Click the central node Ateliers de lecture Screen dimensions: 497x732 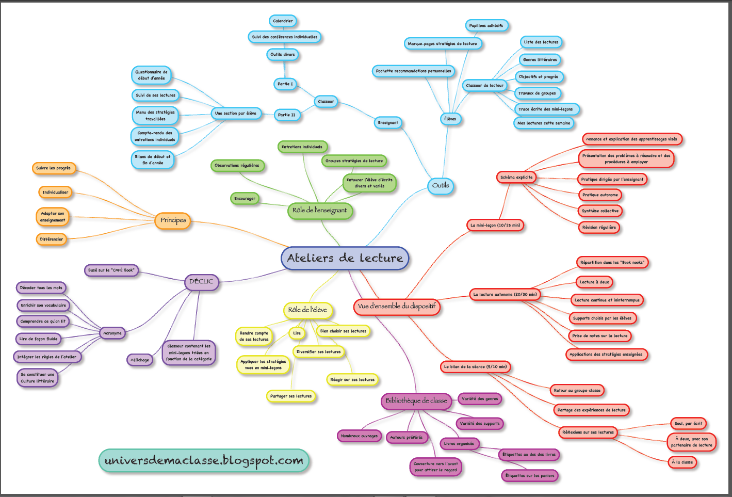click(x=345, y=258)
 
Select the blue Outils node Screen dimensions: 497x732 click(x=441, y=186)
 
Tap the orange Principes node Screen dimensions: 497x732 click(x=173, y=220)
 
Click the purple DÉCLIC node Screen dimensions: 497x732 click(x=201, y=282)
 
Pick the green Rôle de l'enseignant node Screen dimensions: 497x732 click(x=320, y=211)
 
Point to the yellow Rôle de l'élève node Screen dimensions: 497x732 click(x=307, y=310)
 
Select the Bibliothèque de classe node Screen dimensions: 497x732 click(x=416, y=400)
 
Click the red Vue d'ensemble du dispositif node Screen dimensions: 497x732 click(x=396, y=307)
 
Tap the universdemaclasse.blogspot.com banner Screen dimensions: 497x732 click(x=204, y=460)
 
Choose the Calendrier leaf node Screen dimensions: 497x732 click(x=283, y=21)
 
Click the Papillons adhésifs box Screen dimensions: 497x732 click(x=486, y=25)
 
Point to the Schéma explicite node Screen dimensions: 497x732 click(x=516, y=177)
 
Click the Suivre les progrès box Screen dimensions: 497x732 click(x=54, y=168)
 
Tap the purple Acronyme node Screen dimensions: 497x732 click(x=112, y=333)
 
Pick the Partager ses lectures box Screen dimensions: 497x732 click(x=291, y=396)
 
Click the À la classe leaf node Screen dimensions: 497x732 click(x=682, y=462)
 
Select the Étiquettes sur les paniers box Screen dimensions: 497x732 click(x=530, y=475)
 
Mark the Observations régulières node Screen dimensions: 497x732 click(x=237, y=166)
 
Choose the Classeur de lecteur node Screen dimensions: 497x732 click(x=484, y=86)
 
